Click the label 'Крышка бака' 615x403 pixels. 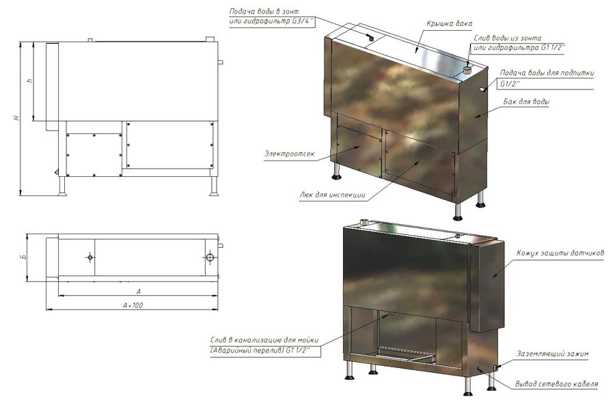tap(449, 23)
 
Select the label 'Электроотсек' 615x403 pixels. tap(289, 154)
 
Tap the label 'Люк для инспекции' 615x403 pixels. tap(332, 195)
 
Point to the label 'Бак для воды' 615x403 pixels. tap(526, 102)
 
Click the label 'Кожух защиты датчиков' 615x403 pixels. tap(560, 253)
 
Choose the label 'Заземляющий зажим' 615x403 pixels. tap(552, 354)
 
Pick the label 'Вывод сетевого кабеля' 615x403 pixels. tap(556, 384)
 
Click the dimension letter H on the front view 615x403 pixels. tap(16, 117)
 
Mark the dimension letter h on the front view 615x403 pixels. tap(29, 81)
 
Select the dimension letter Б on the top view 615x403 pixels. tap(23, 257)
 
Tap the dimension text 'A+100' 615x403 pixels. tap(133, 305)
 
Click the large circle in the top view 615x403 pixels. tap(210, 258)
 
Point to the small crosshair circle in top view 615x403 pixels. tap(90, 257)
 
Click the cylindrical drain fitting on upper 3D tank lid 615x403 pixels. tap(467, 70)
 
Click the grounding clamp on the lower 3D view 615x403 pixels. tap(495, 367)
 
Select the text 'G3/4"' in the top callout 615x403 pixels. tap(304, 22)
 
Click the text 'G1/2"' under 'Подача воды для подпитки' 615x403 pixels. tap(510, 83)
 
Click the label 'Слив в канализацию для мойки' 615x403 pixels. tap(264, 340)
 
